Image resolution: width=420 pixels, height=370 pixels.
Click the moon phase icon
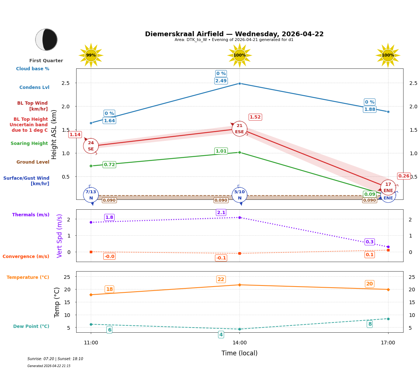47,40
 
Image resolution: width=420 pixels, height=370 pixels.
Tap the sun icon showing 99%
91,55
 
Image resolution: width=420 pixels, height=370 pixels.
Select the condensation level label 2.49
221,81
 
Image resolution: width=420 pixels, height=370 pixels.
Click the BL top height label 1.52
255,117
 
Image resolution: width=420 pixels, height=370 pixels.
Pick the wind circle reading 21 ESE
239,129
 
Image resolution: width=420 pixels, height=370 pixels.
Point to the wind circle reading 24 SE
91,146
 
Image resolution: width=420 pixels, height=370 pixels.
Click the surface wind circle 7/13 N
91,195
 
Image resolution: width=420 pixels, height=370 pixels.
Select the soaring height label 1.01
221,151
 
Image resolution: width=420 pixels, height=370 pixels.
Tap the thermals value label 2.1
221,213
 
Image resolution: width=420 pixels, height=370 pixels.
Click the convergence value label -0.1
221,258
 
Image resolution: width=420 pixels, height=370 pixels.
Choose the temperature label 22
221,279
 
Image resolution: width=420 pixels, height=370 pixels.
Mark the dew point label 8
370,324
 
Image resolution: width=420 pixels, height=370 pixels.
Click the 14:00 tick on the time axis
239,343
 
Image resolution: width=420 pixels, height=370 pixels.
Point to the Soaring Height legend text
29,143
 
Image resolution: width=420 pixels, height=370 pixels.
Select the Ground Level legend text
33,162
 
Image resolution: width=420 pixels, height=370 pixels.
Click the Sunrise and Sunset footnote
55,359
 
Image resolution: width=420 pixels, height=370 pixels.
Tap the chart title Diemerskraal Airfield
234,34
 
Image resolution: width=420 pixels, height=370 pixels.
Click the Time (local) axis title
239,353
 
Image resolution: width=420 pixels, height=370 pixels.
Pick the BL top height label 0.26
404,176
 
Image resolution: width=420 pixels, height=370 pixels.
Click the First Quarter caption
46,61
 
